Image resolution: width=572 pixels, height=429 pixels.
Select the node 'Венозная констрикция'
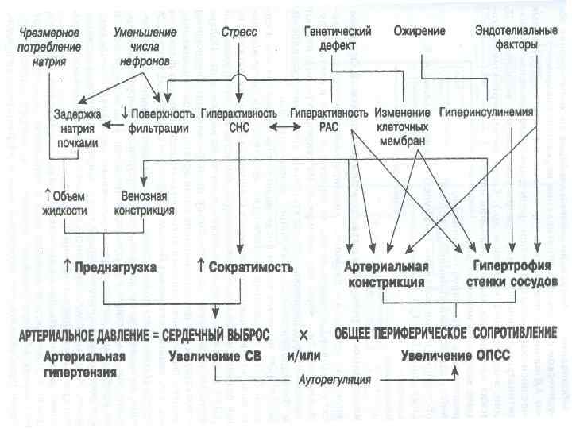coord(146,203)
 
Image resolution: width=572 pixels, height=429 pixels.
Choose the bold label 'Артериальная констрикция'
coord(387,273)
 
